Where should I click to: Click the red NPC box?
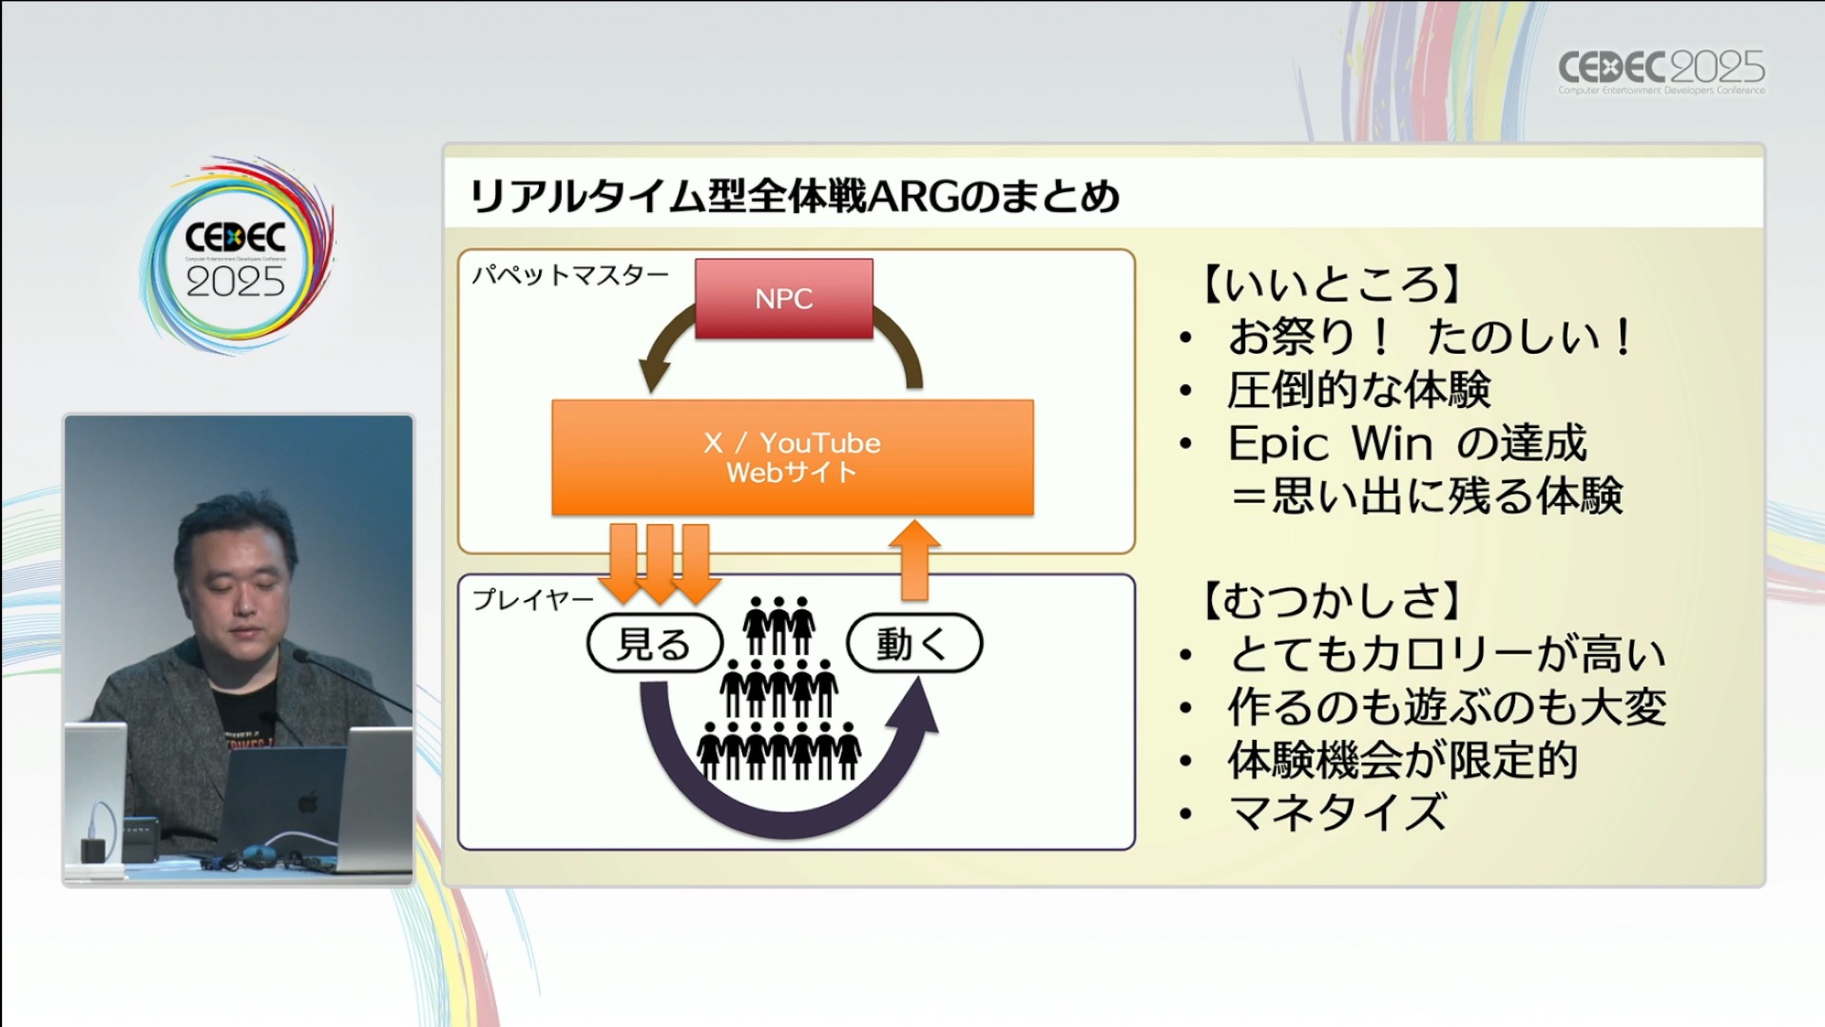[x=783, y=299]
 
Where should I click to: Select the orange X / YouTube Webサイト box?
[x=792, y=457]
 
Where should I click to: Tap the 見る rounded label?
[x=654, y=644]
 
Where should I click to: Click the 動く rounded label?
[x=912, y=644]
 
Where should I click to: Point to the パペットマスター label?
[x=569, y=276]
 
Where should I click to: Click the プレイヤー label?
[x=532, y=599]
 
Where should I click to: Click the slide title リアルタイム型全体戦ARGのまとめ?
[x=795, y=197]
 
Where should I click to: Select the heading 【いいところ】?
[x=1331, y=283]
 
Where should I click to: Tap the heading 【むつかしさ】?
[x=1331, y=600]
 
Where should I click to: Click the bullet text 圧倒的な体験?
[x=1358, y=390]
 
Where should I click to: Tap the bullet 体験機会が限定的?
[x=1402, y=760]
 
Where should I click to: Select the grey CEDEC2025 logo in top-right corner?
[x=1661, y=70]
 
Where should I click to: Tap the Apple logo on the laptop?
[x=307, y=803]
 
